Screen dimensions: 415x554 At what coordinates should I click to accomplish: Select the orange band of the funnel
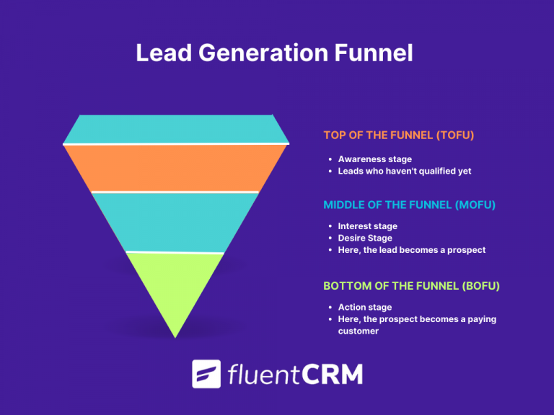coord(175,168)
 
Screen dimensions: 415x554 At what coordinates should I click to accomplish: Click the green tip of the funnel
coord(175,288)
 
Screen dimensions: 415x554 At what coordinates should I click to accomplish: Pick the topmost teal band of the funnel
coord(175,128)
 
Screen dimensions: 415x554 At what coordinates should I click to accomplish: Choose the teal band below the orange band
coord(175,221)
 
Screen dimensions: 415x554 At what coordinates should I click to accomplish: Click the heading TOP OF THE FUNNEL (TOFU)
coord(398,135)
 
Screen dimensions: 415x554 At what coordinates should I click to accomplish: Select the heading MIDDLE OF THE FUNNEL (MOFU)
coord(409,205)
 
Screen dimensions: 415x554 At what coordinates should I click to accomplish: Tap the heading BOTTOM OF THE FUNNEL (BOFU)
coord(411,286)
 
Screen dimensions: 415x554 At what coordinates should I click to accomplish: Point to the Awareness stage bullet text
coord(374,159)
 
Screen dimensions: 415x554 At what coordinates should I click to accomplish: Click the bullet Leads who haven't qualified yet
coord(404,171)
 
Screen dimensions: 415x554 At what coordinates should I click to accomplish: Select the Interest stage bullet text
coord(367,226)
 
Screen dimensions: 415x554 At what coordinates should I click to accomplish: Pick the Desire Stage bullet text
coord(366,238)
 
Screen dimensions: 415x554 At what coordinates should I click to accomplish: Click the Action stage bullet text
coord(364,308)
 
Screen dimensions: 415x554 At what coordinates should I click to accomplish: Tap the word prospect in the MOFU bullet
coord(466,250)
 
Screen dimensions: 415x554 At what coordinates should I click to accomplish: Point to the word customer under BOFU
coord(359,331)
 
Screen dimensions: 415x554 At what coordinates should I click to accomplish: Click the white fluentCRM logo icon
coord(206,374)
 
